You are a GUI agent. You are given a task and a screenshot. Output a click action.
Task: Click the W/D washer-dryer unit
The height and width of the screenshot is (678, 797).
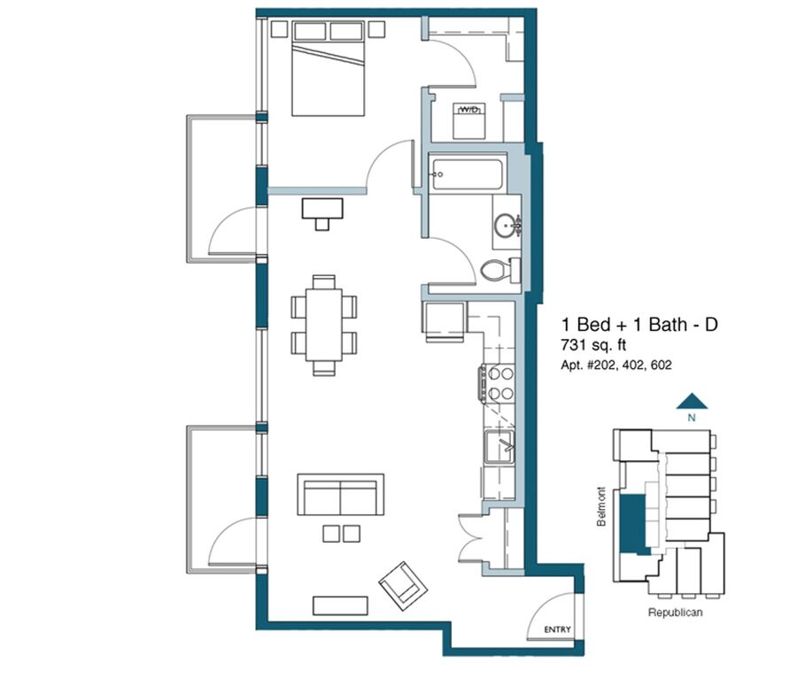click(x=468, y=121)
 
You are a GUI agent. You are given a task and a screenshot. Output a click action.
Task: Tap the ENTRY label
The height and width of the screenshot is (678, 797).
click(x=558, y=629)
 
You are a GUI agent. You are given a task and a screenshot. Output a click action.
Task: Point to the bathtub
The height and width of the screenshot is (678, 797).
click(x=467, y=174)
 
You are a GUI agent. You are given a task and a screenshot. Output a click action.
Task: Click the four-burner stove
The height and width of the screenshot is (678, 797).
click(x=497, y=384)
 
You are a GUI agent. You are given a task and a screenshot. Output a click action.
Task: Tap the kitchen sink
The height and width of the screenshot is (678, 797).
click(x=499, y=446)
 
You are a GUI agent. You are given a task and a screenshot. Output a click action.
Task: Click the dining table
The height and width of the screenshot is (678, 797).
click(x=324, y=325)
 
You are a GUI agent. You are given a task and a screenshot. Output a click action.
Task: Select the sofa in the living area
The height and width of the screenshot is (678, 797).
click(x=341, y=495)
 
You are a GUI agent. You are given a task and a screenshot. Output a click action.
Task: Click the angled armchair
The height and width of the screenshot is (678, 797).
click(x=404, y=586)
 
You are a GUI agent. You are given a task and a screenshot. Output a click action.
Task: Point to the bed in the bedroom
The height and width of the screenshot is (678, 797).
click(x=329, y=68)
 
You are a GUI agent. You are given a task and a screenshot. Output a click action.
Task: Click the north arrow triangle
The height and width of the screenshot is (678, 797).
click(x=692, y=401)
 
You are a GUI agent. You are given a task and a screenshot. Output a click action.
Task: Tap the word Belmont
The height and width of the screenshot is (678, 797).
click(x=602, y=506)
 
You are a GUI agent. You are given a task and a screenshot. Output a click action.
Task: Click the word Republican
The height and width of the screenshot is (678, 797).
click(x=675, y=613)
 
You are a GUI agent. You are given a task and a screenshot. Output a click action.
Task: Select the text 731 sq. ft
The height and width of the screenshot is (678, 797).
click(x=593, y=345)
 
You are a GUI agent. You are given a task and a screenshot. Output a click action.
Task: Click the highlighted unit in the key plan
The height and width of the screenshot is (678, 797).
click(x=634, y=524)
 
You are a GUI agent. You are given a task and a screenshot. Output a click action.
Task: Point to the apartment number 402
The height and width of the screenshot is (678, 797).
click(x=631, y=365)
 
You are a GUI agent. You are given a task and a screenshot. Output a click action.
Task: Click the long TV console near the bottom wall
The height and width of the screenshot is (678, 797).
click(x=340, y=605)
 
